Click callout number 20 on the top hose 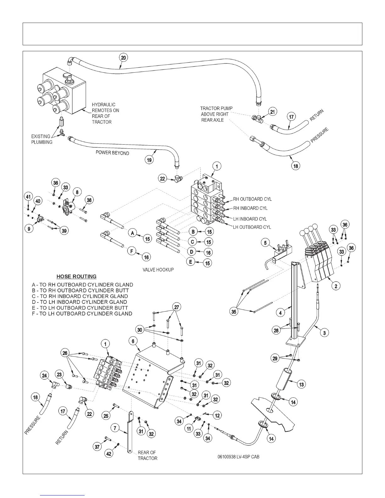tap(124, 58)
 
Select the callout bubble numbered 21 tap(272, 112)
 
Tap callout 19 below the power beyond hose tap(149, 160)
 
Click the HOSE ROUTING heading tap(76, 277)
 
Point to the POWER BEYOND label tap(112, 153)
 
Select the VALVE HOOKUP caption tap(158, 270)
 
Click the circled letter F tap(132, 251)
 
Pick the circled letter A tap(133, 233)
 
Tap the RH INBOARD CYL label tap(250, 208)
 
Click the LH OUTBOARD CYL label tap(252, 227)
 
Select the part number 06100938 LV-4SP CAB tap(238, 457)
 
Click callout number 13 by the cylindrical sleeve tap(301, 384)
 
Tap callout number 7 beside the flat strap tap(115, 428)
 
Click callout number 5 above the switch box tap(265, 243)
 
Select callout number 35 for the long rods tap(234, 312)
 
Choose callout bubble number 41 tap(29, 197)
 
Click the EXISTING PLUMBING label tap(42, 139)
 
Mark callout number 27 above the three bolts tap(177, 307)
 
